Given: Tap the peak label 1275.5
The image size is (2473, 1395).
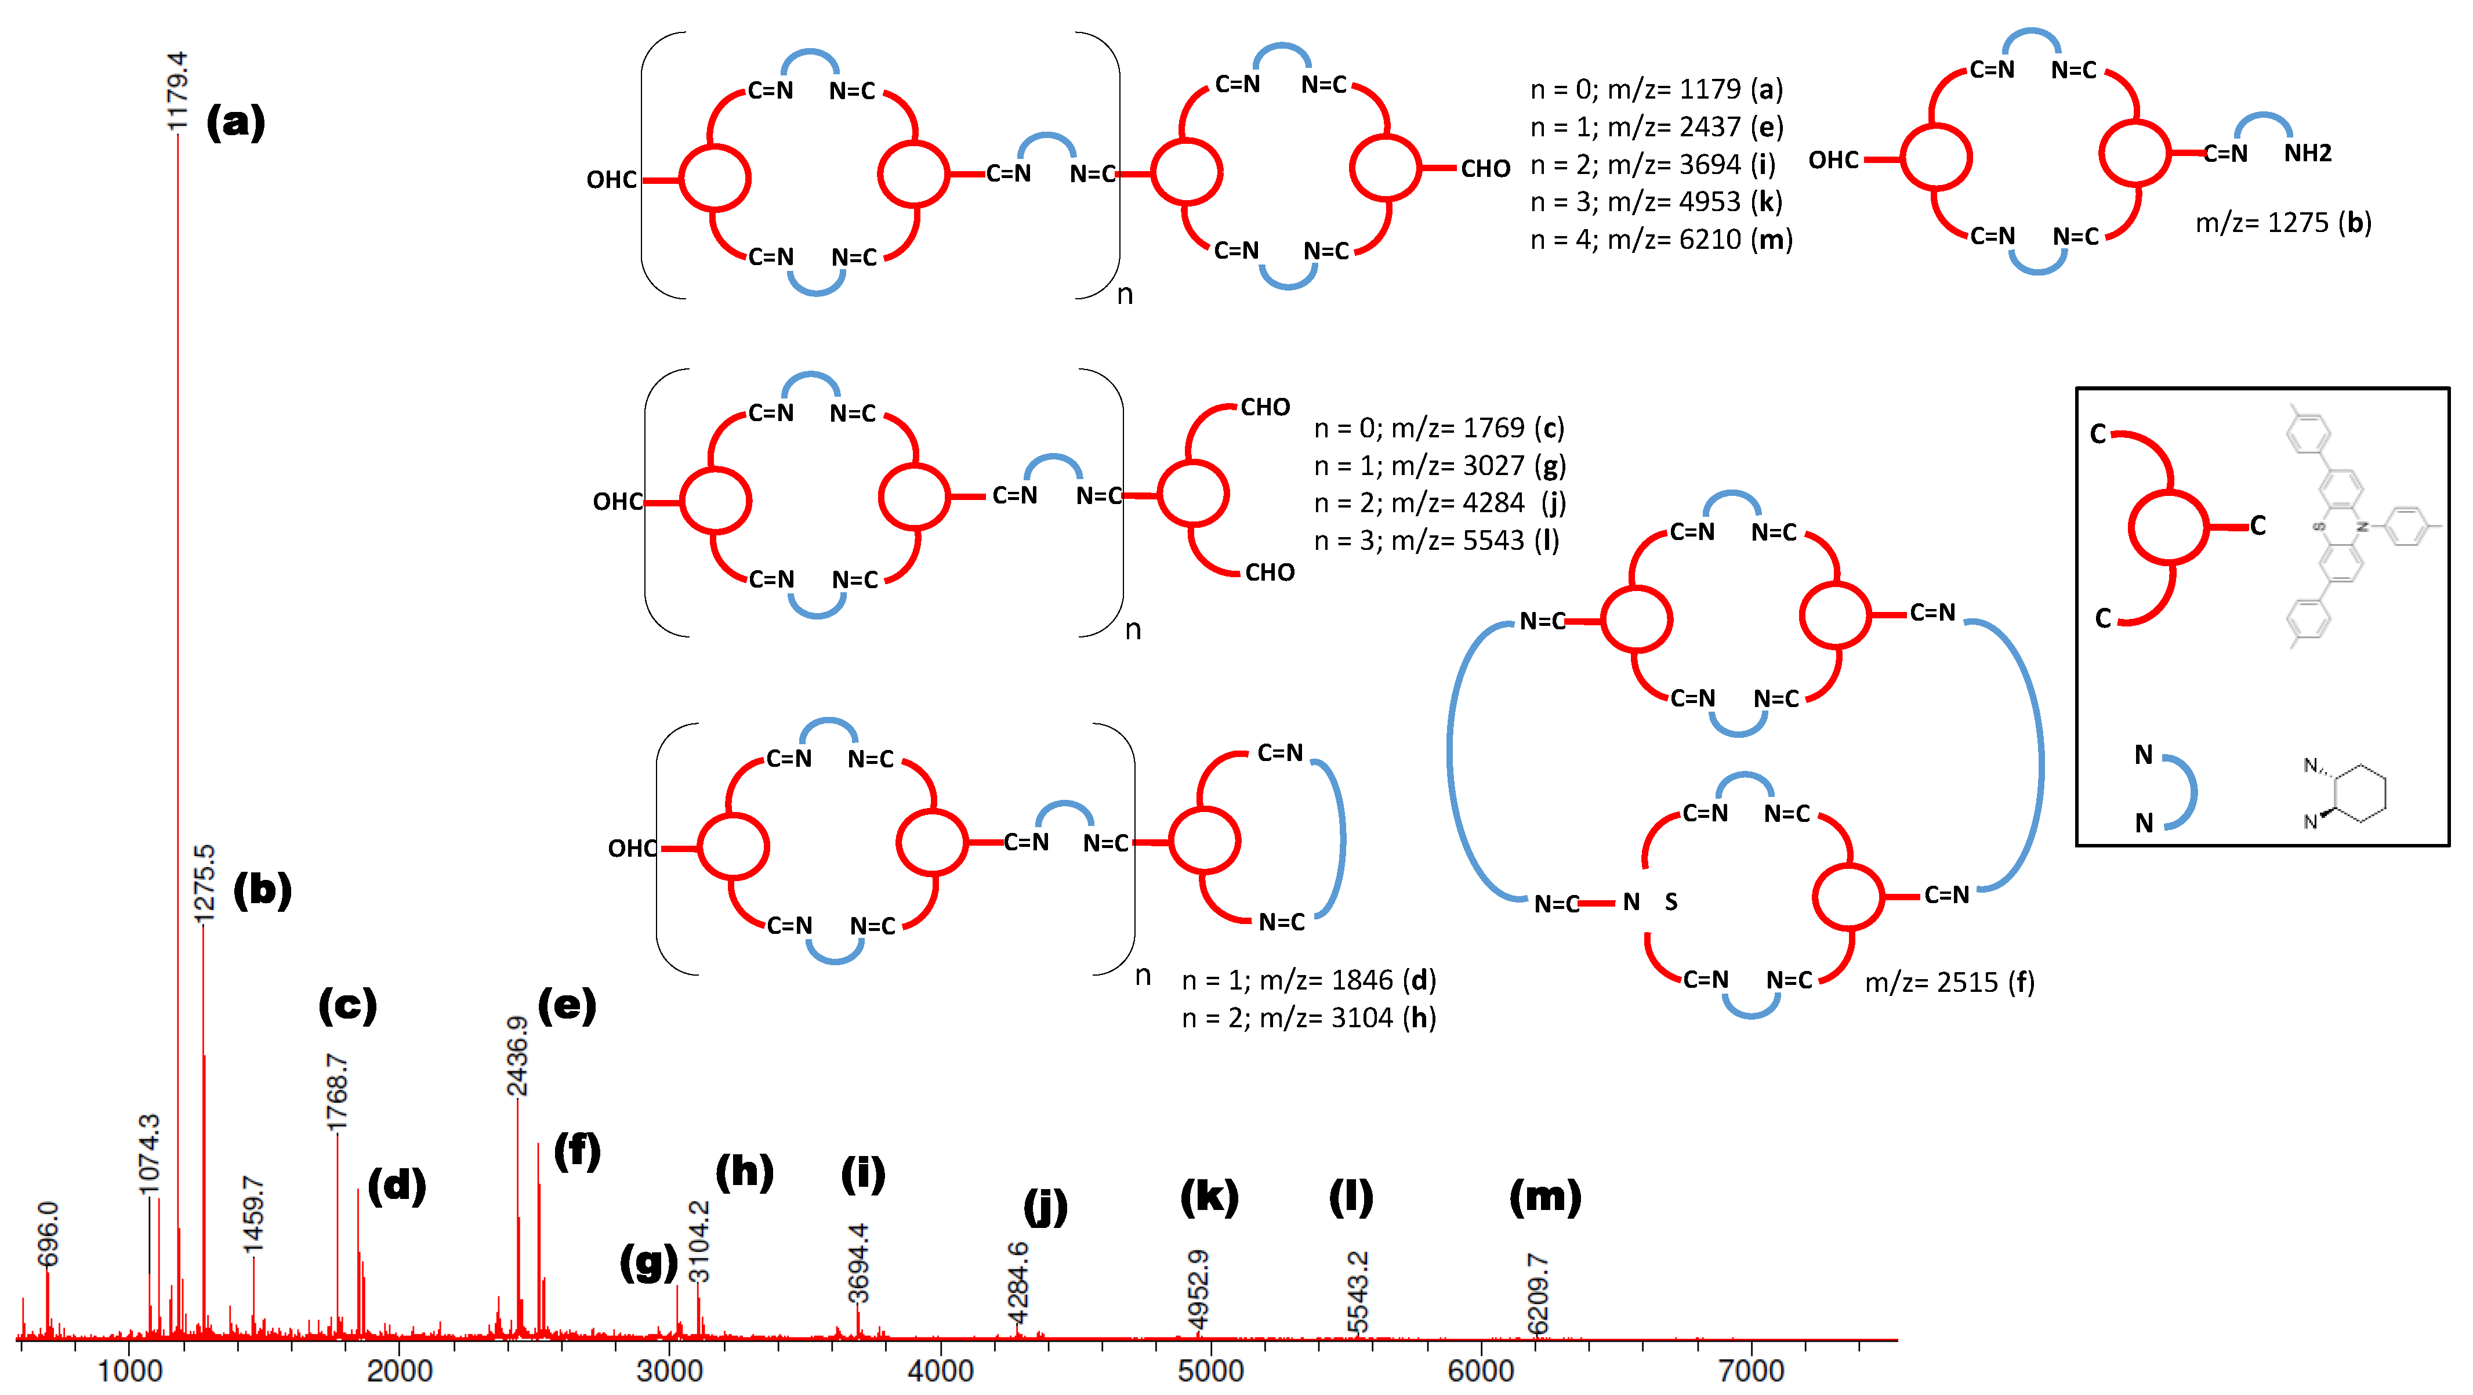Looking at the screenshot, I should click(204, 883).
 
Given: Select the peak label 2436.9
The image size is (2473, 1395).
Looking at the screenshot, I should click(517, 1055).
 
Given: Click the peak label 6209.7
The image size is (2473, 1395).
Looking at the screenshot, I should click(1537, 1293).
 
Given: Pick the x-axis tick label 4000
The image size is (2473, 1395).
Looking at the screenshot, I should click(940, 1370).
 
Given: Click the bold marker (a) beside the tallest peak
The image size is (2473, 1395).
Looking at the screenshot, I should click(236, 122).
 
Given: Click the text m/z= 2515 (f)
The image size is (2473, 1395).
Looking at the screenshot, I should click(1949, 982).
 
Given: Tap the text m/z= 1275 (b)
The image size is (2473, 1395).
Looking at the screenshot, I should click(2283, 223).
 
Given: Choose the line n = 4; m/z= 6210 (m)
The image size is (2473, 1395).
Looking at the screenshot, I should click(1661, 239).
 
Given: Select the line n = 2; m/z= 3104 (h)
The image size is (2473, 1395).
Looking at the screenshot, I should click(1308, 1018).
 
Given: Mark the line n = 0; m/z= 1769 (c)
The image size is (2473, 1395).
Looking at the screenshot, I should click(1438, 428).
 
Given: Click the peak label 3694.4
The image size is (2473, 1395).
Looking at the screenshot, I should click(858, 1263).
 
